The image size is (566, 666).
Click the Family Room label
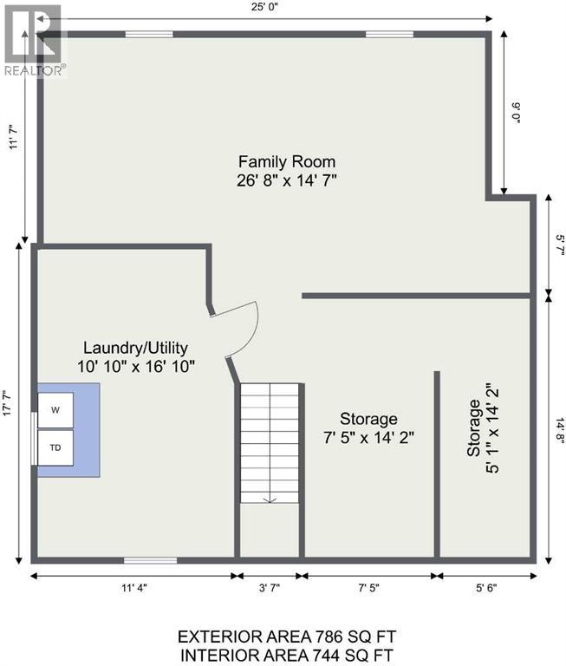coord(287,162)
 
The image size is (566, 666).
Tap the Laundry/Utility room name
coord(135,348)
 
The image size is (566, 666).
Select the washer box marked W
coord(55,410)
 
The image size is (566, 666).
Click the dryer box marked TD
coord(55,447)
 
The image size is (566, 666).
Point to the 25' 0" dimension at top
coord(264,7)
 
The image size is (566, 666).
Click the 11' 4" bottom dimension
coord(133,588)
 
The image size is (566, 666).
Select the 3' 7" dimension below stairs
coord(270,588)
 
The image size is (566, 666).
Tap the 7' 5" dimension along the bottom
coord(368,588)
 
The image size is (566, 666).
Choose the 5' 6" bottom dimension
coord(486,588)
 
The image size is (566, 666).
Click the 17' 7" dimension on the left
coord(8,403)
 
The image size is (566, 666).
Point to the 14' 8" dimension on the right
coord(560,431)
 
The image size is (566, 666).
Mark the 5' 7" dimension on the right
coord(560,245)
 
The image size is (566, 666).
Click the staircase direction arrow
coord(270,500)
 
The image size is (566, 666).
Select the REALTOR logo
coord(34,41)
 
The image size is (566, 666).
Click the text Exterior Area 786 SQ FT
coord(287,637)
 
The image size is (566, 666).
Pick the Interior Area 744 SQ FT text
coord(287,656)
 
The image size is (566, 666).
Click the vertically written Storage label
coord(473,428)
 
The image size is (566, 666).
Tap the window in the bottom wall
coord(150,561)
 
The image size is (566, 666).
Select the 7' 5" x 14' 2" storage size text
coord(368,437)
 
